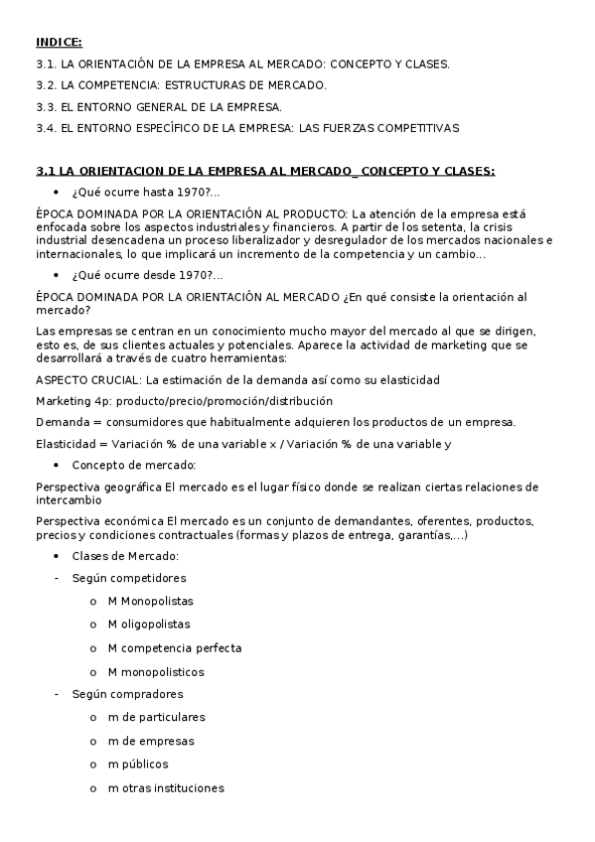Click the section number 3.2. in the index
click(46, 84)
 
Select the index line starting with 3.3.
click(158, 106)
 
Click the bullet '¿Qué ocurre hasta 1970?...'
click(146, 192)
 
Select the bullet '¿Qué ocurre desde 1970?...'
click(147, 275)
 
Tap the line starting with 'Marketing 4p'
click(184, 401)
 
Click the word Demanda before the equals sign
click(61, 423)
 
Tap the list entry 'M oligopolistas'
click(149, 625)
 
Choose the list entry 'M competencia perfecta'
click(175, 647)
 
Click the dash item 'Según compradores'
click(127, 694)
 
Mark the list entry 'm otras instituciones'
click(166, 788)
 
